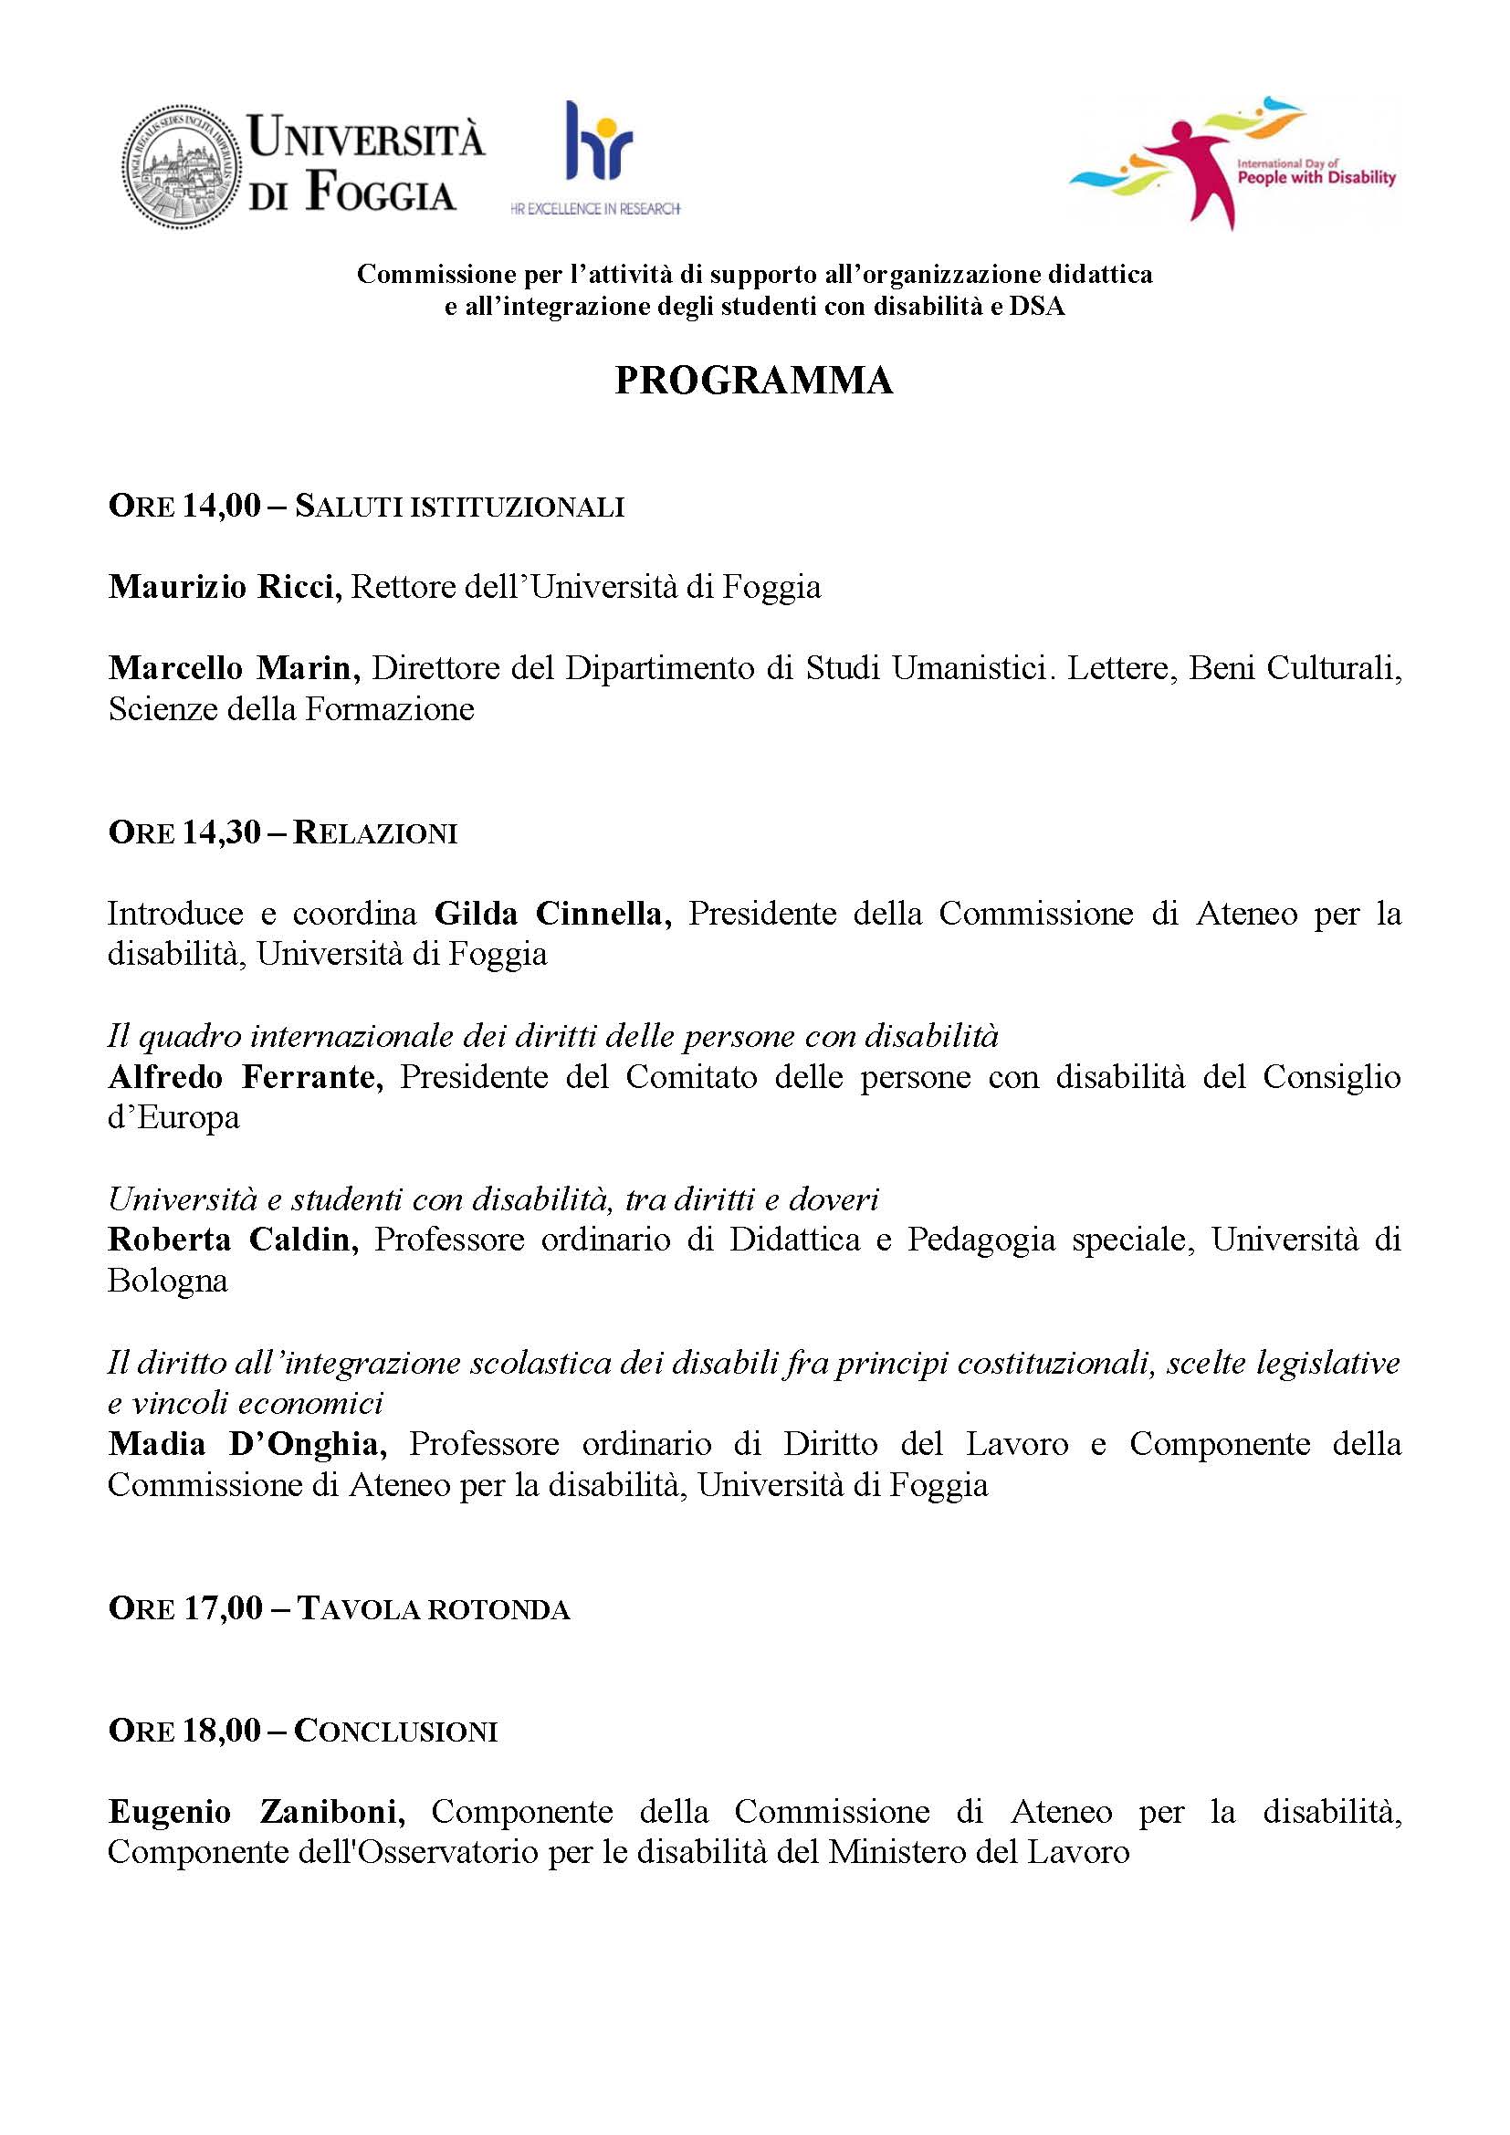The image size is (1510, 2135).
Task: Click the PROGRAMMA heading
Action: coord(754,382)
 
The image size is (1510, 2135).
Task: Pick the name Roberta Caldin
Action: coord(233,1240)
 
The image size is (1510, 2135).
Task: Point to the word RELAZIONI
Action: coord(375,832)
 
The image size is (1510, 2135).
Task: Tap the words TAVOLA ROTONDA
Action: coord(433,1609)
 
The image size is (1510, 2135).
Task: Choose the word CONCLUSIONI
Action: coord(396,1732)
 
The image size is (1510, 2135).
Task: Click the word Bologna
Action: coord(168,1281)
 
